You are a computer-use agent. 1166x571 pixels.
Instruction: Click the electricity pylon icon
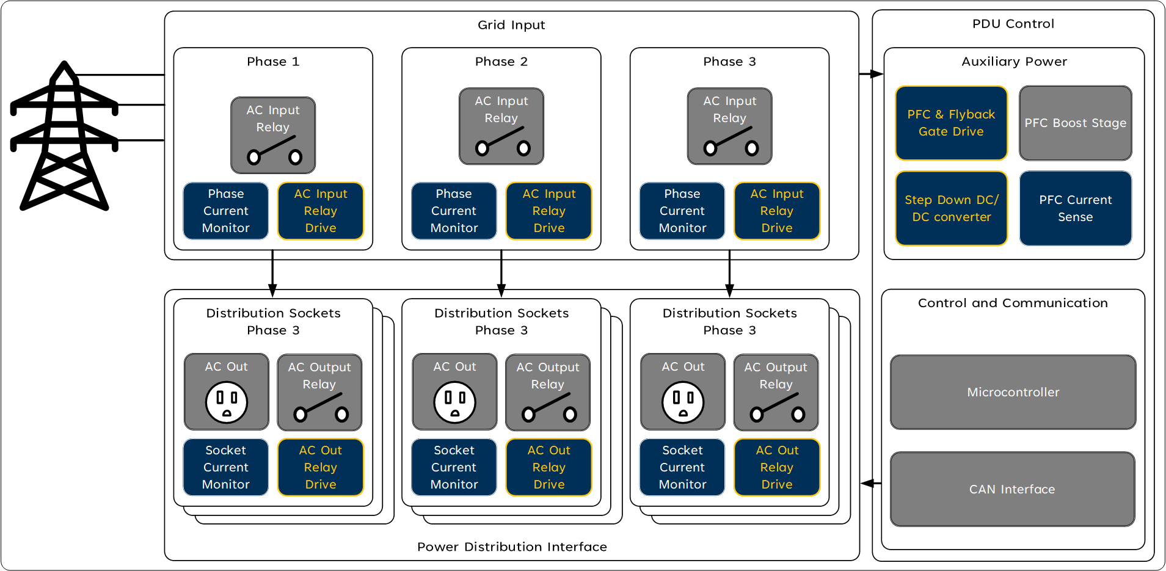click(x=64, y=137)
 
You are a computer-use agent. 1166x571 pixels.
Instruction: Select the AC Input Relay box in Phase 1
click(x=273, y=135)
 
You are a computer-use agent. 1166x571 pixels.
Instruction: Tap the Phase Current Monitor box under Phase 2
click(x=454, y=211)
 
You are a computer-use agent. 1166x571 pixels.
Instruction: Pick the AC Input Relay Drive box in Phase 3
click(x=776, y=211)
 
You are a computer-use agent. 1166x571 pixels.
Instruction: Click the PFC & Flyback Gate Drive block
click(x=951, y=123)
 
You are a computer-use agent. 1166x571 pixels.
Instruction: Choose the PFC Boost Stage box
click(x=1075, y=123)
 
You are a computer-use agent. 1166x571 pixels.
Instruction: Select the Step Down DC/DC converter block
click(x=951, y=208)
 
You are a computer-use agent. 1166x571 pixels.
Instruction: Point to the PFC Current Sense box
click(x=1075, y=208)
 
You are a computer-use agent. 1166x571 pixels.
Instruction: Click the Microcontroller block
click(x=1013, y=392)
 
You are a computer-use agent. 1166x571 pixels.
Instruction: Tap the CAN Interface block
click(x=1012, y=489)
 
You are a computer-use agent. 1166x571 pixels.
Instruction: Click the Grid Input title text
click(x=511, y=25)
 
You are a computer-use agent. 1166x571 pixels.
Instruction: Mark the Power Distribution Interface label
click(x=512, y=547)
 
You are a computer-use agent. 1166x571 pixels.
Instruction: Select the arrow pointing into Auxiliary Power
click(x=872, y=74)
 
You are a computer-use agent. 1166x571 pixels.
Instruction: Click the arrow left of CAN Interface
click(x=870, y=483)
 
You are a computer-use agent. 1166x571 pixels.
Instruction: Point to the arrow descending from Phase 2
click(x=501, y=275)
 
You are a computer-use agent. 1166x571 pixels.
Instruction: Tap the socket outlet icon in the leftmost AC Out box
click(x=227, y=402)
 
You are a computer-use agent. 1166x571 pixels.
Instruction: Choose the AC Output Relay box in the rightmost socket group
click(x=776, y=392)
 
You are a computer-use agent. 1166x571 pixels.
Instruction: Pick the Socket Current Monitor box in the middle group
click(x=454, y=467)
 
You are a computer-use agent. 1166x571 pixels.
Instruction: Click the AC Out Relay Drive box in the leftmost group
click(x=321, y=467)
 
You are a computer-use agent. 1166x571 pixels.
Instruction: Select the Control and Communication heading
click(x=1013, y=303)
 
